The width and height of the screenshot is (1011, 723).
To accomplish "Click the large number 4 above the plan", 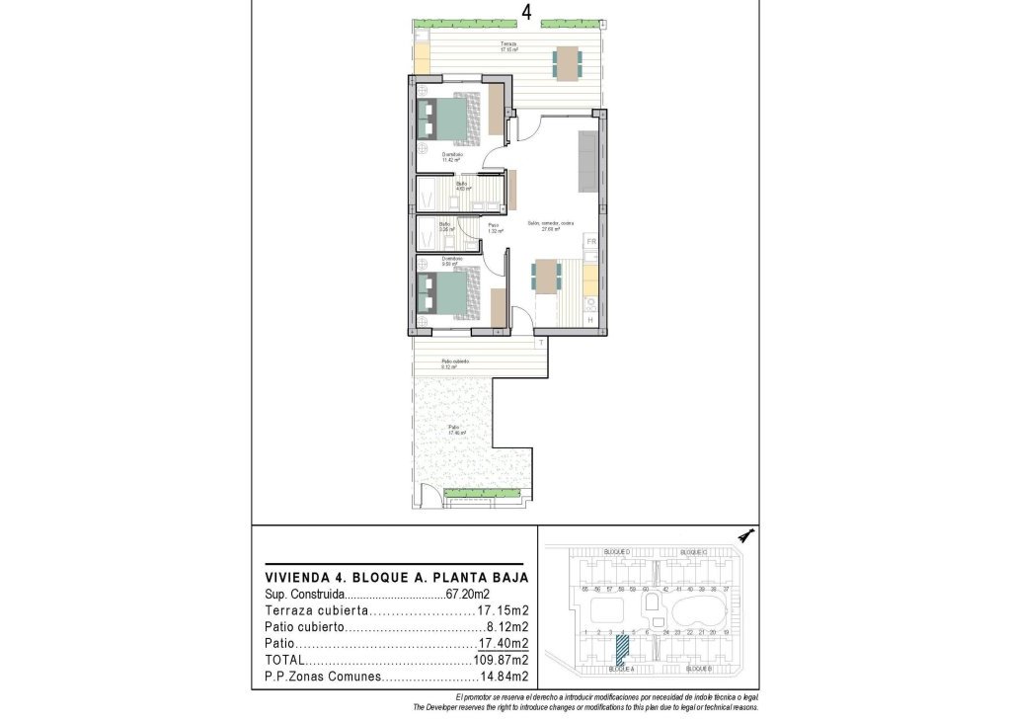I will point(528,12).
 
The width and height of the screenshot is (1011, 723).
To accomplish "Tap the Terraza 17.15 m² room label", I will point(508,47).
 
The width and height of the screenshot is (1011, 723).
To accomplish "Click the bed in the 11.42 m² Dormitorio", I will point(449,119).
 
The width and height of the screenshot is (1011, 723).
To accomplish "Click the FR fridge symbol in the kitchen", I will point(591,242).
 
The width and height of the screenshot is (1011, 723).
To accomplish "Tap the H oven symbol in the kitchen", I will point(590,320).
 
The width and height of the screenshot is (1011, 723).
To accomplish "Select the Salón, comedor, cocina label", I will point(550,225).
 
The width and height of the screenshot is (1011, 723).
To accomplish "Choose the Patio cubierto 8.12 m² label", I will point(454,363).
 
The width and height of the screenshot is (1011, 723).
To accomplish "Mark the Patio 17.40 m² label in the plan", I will point(456,431).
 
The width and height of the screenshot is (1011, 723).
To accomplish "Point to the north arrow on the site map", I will point(745,535).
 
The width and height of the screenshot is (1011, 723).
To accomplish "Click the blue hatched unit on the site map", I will point(622,649).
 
